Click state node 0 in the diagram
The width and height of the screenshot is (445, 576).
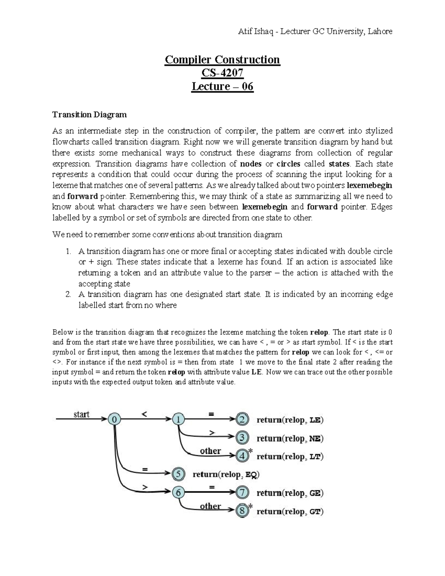point(114,419)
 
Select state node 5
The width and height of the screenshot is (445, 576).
point(178,474)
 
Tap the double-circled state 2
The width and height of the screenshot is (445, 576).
point(242,419)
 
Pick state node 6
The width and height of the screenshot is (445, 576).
point(178,493)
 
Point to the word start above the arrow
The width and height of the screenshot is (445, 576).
point(81,414)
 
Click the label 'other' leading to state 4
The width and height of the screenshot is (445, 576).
point(210,451)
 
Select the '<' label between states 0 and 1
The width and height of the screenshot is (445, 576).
point(144,415)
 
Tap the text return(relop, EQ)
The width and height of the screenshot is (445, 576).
point(226,474)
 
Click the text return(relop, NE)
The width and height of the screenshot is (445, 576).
point(290,438)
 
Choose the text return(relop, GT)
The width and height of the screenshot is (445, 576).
point(290,512)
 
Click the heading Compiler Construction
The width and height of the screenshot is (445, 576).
point(222,59)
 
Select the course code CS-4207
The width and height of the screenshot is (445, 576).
point(222,73)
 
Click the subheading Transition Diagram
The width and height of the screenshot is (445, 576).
point(89,115)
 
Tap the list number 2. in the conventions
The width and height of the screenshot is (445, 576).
point(68,294)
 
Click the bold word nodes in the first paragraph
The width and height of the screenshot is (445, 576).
point(251,164)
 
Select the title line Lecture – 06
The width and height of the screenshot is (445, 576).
point(222,87)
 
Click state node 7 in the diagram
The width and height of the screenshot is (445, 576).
point(242,493)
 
